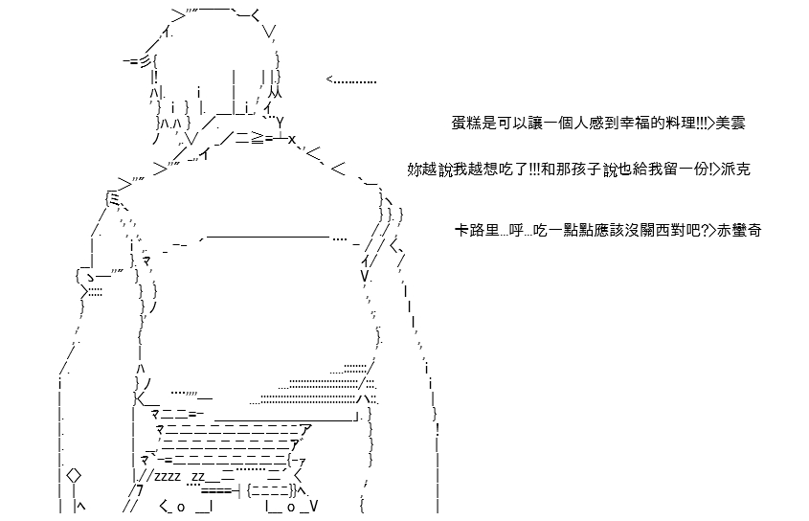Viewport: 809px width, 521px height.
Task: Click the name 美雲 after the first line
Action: click(x=730, y=124)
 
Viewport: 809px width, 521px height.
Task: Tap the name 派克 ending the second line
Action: click(x=735, y=169)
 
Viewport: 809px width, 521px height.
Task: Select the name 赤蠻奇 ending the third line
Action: click(x=739, y=230)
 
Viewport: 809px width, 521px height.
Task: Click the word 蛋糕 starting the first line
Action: click(x=466, y=124)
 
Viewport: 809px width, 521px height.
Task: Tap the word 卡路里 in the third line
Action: click(x=477, y=230)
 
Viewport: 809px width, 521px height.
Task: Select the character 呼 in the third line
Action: click(x=516, y=230)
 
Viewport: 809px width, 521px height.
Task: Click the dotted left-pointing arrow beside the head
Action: click(x=351, y=80)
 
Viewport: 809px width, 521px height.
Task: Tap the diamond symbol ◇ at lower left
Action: click(x=74, y=474)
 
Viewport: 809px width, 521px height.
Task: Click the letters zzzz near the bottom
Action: click(x=168, y=476)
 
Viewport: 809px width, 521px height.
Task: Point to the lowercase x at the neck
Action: click(x=291, y=139)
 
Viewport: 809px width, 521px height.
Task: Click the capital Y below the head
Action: click(x=280, y=123)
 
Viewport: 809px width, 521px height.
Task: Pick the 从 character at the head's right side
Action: click(x=276, y=93)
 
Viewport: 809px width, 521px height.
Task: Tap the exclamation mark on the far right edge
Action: click(x=438, y=428)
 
